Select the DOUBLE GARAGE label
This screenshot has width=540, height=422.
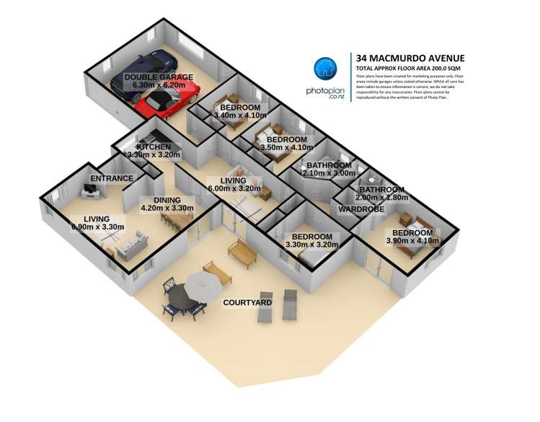click(x=159, y=76)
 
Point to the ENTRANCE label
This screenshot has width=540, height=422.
click(x=112, y=178)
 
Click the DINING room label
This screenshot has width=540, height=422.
click(x=157, y=201)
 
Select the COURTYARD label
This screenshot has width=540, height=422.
click(x=247, y=302)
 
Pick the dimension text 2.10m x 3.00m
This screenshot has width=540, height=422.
click(x=330, y=173)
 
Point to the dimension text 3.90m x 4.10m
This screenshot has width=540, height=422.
click(x=412, y=242)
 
